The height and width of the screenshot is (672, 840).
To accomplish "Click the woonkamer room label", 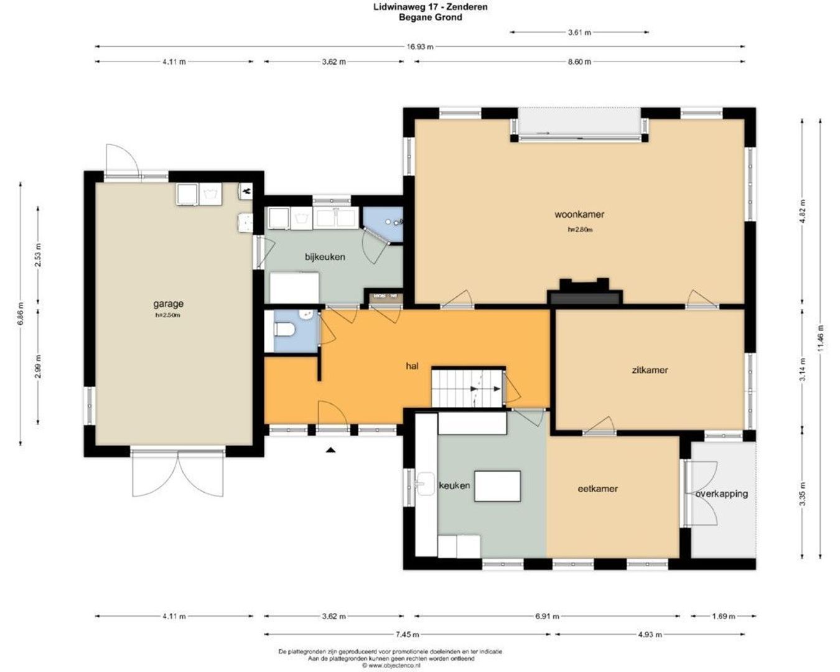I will [x=579, y=215].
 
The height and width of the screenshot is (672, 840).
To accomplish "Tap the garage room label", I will [x=169, y=304].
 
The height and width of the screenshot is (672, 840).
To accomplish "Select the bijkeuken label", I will [x=325, y=257].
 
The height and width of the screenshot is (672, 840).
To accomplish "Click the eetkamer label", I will [x=598, y=489].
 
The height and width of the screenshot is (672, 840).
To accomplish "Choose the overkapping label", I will [x=722, y=494].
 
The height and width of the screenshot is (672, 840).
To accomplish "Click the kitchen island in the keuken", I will [x=498, y=486].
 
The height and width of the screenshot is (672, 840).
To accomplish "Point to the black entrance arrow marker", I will [x=331, y=449].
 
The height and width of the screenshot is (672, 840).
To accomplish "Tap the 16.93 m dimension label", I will [x=421, y=47].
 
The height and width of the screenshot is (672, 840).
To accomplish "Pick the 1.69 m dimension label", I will [x=723, y=617].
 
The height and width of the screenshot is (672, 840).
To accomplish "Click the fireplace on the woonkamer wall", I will [x=584, y=293].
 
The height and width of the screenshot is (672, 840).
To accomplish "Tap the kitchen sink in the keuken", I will [x=426, y=483].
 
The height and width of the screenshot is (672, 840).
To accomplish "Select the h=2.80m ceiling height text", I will [x=580, y=230].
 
